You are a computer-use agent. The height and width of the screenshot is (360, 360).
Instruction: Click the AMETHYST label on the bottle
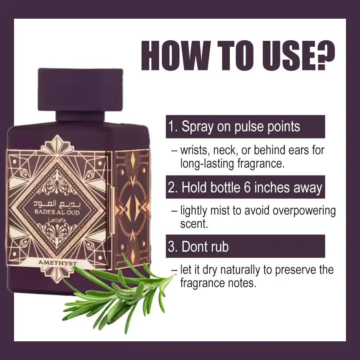coord(58,263)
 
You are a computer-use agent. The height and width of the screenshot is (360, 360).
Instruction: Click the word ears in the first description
coord(299,150)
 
